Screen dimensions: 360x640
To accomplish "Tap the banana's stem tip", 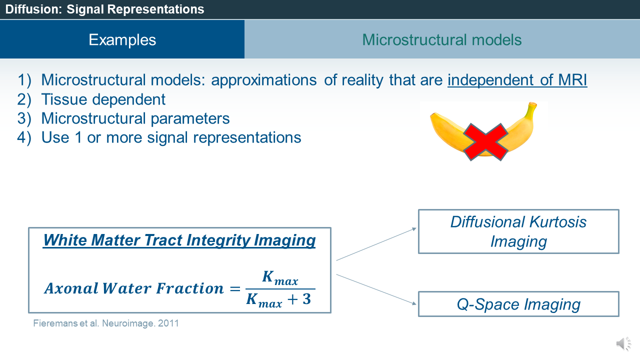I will click(533, 105).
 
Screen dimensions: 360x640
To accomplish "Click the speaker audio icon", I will click(623, 343).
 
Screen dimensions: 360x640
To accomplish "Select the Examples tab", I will click(122, 39).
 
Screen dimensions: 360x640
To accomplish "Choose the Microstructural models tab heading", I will click(442, 39).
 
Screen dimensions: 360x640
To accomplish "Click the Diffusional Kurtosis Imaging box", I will click(518, 231).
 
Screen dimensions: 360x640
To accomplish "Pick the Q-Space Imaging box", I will click(518, 304).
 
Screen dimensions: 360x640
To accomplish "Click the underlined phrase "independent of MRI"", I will click(517, 80).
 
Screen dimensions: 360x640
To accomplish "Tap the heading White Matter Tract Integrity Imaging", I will click(179, 240).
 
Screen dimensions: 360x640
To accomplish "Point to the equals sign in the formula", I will click(234, 289).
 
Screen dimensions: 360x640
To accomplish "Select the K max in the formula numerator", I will click(279, 278).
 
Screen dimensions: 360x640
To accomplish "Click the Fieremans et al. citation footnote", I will click(106, 323).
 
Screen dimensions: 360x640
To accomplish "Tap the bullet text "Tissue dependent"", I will click(103, 99).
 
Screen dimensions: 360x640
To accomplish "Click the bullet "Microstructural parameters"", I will click(135, 118).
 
